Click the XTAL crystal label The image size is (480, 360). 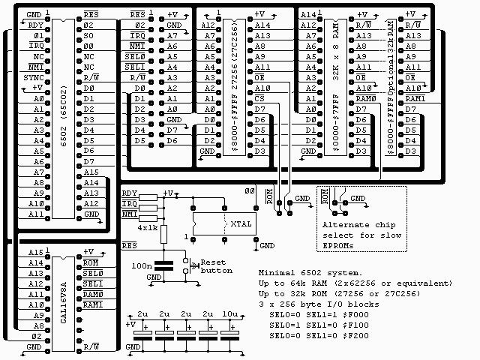click(241, 223)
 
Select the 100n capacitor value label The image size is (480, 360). click(140, 265)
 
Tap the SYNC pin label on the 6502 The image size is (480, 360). click(34, 77)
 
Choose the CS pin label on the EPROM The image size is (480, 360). click(259, 98)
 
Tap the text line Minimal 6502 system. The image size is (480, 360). click(314, 272)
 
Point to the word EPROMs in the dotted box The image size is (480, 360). click(340, 246)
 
